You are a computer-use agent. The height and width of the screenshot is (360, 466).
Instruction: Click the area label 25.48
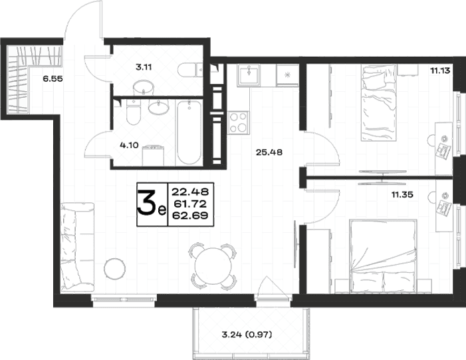[269, 152]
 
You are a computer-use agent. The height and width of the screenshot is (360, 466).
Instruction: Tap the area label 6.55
[53, 79]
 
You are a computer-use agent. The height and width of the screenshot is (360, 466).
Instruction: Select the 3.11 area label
[144, 67]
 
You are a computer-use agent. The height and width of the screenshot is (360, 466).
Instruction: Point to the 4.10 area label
[129, 145]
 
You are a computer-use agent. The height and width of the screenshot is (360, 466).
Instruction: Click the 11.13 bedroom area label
[440, 71]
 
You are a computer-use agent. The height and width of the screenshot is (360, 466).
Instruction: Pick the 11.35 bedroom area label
[402, 195]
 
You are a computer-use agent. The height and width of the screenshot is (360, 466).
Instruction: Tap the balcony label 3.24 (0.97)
[247, 335]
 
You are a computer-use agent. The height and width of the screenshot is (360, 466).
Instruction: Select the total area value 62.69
[190, 215]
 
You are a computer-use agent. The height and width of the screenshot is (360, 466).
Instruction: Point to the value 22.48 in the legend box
[190, 192]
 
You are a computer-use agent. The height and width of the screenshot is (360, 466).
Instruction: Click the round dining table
[213, 267]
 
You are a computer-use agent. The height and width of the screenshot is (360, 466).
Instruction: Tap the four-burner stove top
[239, 122]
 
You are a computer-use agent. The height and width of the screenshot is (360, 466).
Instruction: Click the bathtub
[189, 132]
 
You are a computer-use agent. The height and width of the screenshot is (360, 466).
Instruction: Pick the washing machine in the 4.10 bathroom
[154, 155]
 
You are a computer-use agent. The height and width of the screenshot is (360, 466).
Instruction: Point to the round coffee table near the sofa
[115, 268]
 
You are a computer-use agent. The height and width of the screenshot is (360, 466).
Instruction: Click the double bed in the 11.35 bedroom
[384, 256]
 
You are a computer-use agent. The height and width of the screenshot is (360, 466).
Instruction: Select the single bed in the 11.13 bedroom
[379, 103]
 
